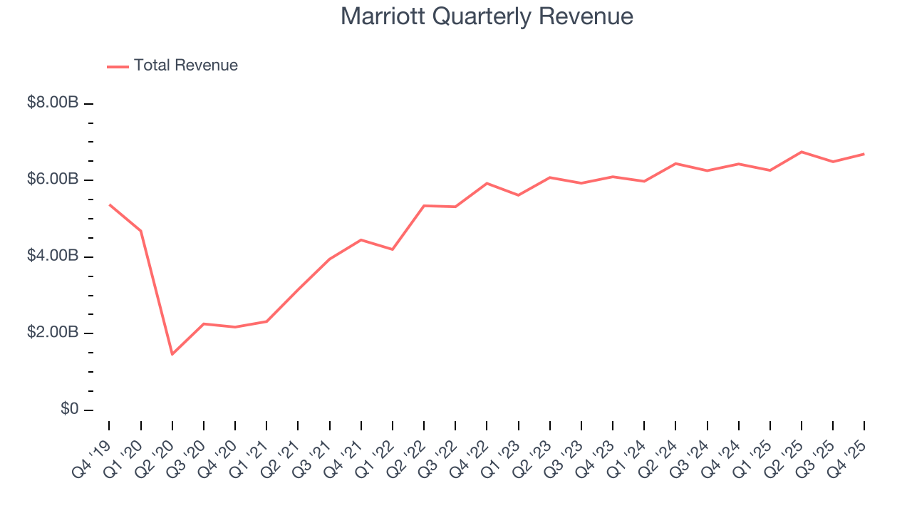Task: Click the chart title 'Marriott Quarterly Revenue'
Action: pyautogui.click(x=487, y=16)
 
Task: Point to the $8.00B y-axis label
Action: pyautogui.click(x=53, y=103)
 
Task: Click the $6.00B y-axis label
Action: pyautogui.click(x=53, y=180)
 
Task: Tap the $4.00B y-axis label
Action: pyautogui.click(x=53, y=256)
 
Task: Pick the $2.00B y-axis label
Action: pyautogui.click(x=53, y=333)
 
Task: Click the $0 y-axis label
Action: pyautogui.click(x=68, y=410)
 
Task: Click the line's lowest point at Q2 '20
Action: pyautogui.click(x=172, y=354)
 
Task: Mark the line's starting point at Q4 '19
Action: pyautogui.click(x=110, y=205)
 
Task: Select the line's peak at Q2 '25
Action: pyautogui.click(x=802, y=152)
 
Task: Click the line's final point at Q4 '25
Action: pyautogui.click(x=864, y=154)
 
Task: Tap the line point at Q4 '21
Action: pyautogui.click(x=361, y=240)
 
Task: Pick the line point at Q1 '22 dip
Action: pyautogui.click(x=393, y=249)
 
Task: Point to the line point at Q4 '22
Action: pyautogui.click(x=487, y=183)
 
